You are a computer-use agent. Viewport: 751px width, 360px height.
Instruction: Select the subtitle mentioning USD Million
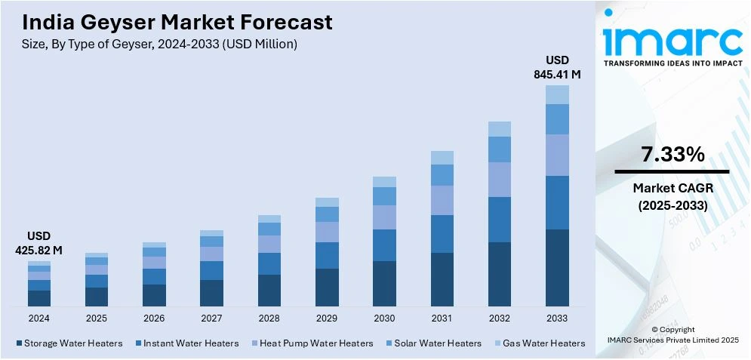(159, 45)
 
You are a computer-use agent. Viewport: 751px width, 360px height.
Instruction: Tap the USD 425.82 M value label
(39, 243)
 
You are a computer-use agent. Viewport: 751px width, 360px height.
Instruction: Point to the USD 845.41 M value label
(557, 67)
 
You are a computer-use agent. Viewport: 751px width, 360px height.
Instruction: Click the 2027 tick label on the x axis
(211, 318)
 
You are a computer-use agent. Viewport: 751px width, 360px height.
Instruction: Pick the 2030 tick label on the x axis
(384, 318)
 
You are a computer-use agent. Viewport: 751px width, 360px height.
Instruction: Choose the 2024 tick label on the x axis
(39, 318)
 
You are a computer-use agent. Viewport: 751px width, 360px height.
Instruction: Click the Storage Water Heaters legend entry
(69, 343)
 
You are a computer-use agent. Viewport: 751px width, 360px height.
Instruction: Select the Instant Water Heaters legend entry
(187, 343)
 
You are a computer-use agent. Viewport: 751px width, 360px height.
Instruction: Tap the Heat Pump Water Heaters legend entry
(312, 343)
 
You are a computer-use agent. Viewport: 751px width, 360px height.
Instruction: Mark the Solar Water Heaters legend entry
(433, 343)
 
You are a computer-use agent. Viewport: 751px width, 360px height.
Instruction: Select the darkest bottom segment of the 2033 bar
(557, 267)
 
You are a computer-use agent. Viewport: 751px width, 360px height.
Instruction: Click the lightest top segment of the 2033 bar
(557, 94)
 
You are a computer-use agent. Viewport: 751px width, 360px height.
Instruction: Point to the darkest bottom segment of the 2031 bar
(442, 279)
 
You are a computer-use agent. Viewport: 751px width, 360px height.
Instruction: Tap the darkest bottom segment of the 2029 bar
(327, 287)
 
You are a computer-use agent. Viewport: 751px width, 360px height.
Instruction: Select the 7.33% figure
(673, 155)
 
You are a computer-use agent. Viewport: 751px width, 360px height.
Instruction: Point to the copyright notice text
(673, 335)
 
